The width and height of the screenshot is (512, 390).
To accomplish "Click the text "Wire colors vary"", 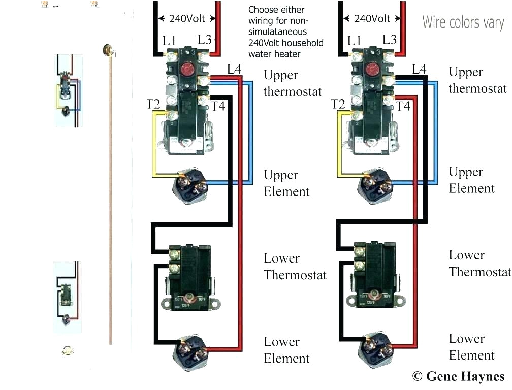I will [x=463, y=23].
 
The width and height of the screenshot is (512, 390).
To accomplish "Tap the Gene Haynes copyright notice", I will [x=458, y=376].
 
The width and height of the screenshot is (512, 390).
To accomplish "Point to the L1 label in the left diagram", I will [x=169, y=41].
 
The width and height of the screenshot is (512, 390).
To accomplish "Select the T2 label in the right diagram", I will [x=338, y=104].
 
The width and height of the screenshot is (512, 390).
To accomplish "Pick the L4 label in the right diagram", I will [x=419, y=69].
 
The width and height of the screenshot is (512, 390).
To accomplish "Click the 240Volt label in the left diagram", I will [x=187, y=19].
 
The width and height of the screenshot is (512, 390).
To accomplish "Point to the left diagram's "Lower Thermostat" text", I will [x=295, y=267].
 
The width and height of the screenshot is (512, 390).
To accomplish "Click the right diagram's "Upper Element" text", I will [x=471, y=180].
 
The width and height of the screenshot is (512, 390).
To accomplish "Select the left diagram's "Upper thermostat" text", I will [x=292, y=83].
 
